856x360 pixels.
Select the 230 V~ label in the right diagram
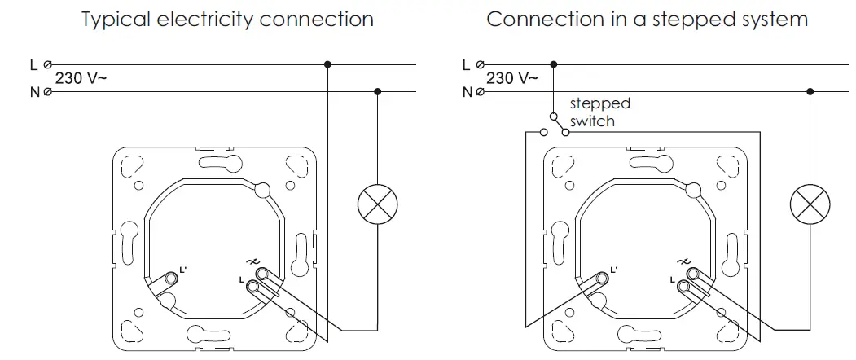pos(511,79)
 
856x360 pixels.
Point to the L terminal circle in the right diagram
pos(481,64)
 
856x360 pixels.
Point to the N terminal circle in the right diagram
pos(481,93)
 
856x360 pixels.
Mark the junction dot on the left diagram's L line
pos(327,64)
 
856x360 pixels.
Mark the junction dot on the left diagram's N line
pos(377,92)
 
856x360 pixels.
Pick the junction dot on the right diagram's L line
pos(554,64)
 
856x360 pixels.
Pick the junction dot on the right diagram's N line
pos(810,92)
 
